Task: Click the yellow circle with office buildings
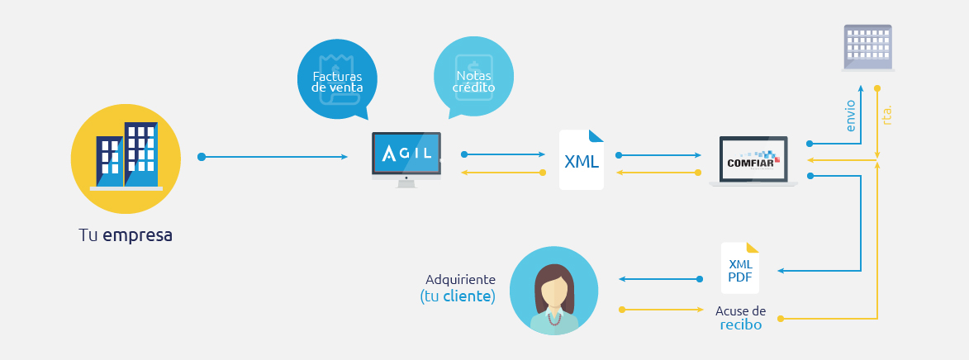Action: click(126, 152)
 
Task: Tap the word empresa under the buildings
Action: click(138, 234)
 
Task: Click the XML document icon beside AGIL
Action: click(582, 159)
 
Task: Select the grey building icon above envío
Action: click(868, 46)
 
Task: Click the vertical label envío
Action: click(852, 116)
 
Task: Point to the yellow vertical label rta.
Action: click(887, 115)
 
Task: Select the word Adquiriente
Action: click(460, 280)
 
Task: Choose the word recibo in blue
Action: click(740, 325)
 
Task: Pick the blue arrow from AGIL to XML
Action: click(504, 154)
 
